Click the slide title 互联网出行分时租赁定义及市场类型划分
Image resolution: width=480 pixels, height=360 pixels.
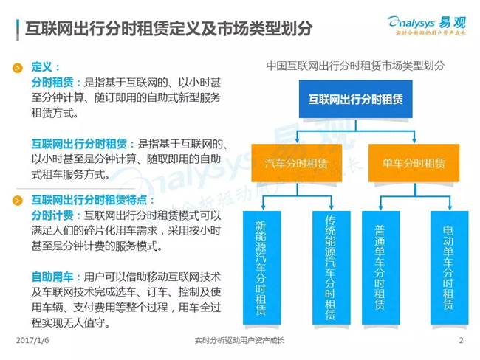168,29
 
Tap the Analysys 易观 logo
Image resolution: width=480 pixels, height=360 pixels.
427,25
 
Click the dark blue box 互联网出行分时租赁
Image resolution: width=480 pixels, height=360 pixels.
355,99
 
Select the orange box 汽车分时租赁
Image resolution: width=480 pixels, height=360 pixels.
297,163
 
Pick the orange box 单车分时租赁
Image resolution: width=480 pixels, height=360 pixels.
414,163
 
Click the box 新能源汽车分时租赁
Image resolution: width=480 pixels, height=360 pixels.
261,268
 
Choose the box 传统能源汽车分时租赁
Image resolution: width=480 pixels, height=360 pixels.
332,268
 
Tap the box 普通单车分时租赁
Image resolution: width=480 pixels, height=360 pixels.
381,268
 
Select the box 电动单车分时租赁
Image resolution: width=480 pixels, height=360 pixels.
450,268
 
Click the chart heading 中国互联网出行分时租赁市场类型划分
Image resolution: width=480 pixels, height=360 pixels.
355,66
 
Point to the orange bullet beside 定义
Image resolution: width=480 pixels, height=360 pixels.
18,68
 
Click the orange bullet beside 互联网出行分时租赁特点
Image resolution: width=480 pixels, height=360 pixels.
18,201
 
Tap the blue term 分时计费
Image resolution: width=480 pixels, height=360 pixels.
52,215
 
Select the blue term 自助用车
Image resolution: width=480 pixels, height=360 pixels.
52,277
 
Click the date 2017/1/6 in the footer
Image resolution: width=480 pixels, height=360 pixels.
32,340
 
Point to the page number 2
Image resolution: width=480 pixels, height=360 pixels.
461,340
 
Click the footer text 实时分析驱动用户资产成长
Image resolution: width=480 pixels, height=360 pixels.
239,340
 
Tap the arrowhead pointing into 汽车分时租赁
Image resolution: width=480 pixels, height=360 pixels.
297,140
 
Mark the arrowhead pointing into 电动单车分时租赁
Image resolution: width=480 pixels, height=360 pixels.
450,207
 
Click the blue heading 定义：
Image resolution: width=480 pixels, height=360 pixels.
45,67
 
